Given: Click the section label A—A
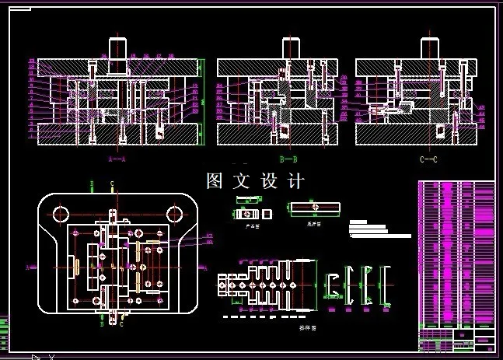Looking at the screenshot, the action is coord(117,159).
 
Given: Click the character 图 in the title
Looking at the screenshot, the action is coord(215,181).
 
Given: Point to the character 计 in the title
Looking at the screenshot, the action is coord(294,181).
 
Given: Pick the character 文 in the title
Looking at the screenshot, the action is coord(242,181).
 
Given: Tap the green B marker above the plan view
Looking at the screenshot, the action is coord(93,184).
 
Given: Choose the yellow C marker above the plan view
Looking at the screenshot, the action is coord(112,184).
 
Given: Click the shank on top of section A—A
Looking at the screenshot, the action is coord(117,47).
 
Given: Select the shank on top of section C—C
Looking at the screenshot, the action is coord(429,47).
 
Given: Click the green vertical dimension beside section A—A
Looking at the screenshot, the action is coord(201,101).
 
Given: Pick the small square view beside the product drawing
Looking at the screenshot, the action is coord(267,212).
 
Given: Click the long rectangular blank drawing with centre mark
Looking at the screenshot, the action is coord(314,208).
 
